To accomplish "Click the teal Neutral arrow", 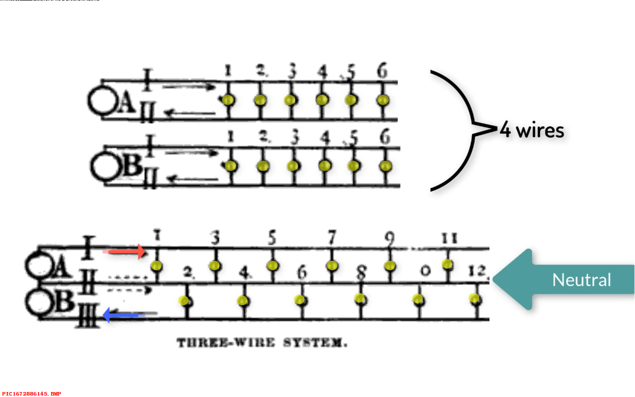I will click(x=561, y=280).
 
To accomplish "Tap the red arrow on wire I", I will click(x=124, y=252).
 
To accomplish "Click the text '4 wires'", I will click(x=532, y=131).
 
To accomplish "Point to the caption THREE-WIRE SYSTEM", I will click(x=262, y=343).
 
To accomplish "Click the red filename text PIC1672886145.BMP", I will click(x=32, y=394).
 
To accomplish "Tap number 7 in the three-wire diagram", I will click(x=332, y=239).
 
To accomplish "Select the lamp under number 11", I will click(x=447, y=264).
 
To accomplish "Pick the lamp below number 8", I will click(x=360, y=299).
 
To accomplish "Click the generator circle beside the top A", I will click(x=102, y=101).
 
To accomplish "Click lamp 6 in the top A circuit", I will click(x=382, y=100).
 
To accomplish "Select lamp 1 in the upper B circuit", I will click(x=231, y=166).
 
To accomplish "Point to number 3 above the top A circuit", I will click(x=292, y=72).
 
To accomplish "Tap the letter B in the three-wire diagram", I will click(x=63, y=301).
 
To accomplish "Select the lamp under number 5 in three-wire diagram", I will click(x=272, y=265).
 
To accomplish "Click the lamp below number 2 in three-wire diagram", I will click(x=184, y=300).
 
